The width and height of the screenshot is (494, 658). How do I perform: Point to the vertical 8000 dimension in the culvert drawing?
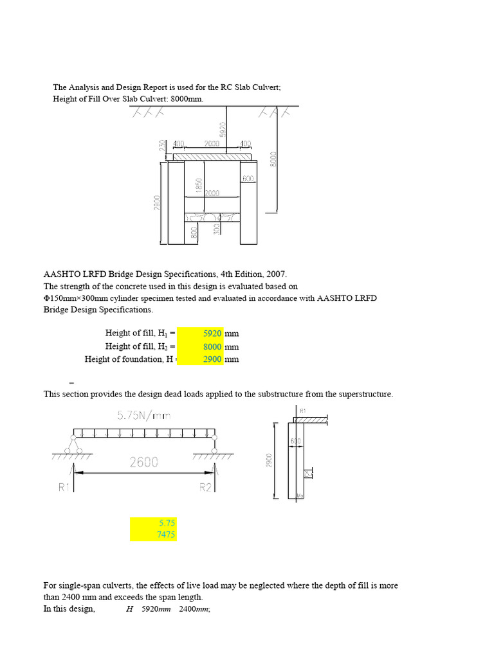pos(273,158)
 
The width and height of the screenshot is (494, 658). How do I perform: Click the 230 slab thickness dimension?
pos(162,147)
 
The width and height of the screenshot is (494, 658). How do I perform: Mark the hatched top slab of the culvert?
pos(212,156)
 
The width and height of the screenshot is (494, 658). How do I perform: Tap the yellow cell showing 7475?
pos(153,535)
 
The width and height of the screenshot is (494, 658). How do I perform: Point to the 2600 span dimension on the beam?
pos(144,461)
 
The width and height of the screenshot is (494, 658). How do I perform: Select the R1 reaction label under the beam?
pos(63,488)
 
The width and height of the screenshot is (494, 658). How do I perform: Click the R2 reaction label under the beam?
pos(205,488)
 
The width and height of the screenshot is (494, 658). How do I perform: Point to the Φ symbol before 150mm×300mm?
pos(46,298)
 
